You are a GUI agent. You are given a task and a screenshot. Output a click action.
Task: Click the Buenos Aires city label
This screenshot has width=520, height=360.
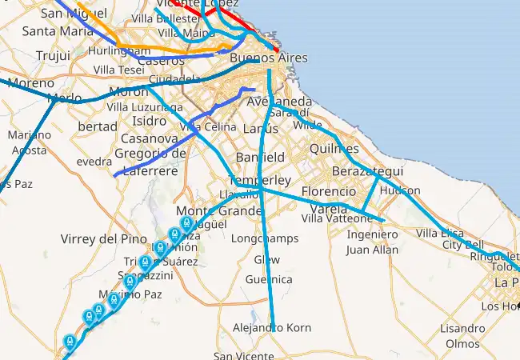pos(268,58)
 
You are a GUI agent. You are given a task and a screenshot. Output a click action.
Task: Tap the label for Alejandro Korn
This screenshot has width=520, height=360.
pos(272,328)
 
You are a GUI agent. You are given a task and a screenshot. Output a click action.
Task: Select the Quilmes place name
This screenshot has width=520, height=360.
pos(334,148)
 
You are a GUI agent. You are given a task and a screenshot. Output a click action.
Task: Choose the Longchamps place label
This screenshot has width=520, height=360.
pos(264,238)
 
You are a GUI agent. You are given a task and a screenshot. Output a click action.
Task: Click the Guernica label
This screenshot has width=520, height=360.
pos(269,279)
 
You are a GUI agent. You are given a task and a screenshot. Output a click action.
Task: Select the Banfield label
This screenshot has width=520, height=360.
pos(260,157)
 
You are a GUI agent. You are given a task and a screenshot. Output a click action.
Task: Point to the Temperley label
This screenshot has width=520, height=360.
pos(259,181)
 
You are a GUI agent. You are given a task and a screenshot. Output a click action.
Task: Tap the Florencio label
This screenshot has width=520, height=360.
pos(328,192)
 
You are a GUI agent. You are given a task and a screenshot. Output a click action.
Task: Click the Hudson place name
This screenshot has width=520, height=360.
pos(400,191)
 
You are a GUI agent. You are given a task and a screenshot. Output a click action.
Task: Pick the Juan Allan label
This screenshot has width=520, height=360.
pos(372,250)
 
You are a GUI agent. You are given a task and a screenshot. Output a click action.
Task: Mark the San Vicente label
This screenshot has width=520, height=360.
pos(242,356)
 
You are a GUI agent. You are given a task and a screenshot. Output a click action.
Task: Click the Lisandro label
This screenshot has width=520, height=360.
pos(462,328)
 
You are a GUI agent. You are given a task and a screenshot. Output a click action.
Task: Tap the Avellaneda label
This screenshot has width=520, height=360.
pos(279,102)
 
